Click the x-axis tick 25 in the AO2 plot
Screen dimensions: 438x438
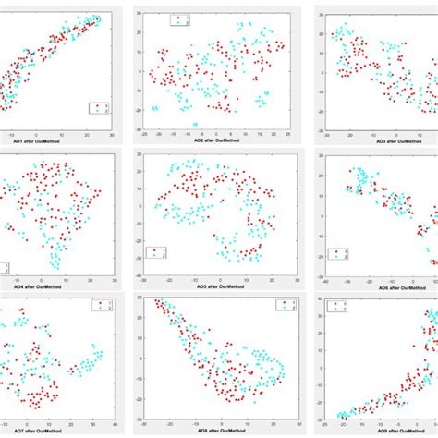[287, 135]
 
